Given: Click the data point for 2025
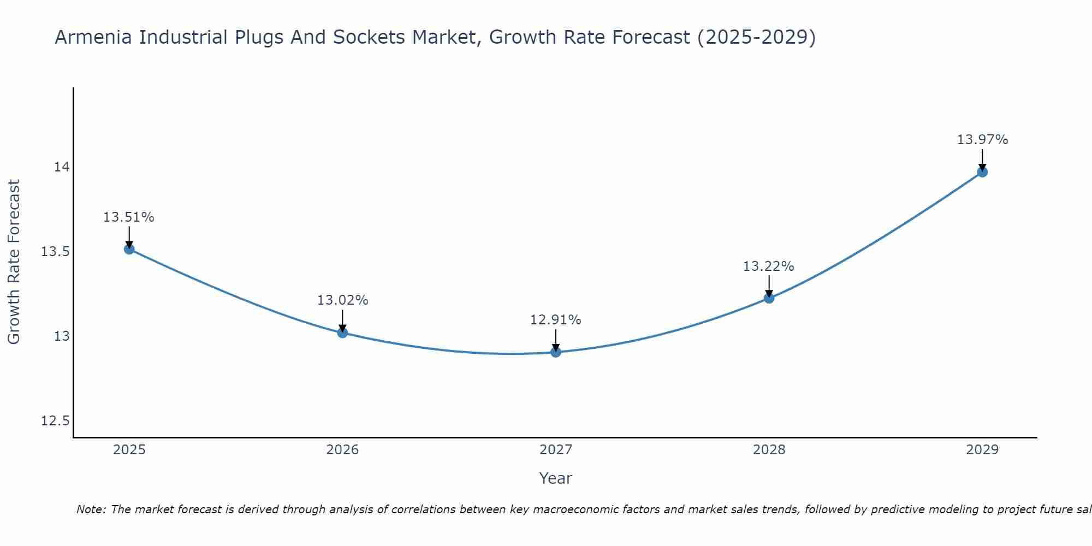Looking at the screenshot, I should pos(129,249).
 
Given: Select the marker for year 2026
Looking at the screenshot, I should pos(342,333).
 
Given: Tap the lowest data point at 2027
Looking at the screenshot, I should pos(556,352).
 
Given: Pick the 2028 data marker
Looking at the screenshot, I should pos(769,298).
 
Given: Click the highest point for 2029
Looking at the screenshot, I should pos(982,172).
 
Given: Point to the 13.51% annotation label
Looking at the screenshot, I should pos(129,217).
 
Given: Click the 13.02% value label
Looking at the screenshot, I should pos(342,300).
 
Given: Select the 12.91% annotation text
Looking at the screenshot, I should pos(556,320).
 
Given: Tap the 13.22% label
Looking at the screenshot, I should pos(769,266).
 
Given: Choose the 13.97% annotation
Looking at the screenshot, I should pos(982,140).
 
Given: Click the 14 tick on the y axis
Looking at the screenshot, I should pos(62,167).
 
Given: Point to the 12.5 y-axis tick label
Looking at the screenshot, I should pos(55,421).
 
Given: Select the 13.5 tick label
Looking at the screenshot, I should pos(55,252).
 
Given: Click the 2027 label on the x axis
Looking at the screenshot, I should pos(556,450).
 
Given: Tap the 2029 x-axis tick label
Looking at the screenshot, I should pos(982,450).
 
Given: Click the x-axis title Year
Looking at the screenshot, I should pos(555,478).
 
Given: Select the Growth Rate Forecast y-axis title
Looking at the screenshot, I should pos(14,262).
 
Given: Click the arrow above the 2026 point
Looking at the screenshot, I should pos(342,320).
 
